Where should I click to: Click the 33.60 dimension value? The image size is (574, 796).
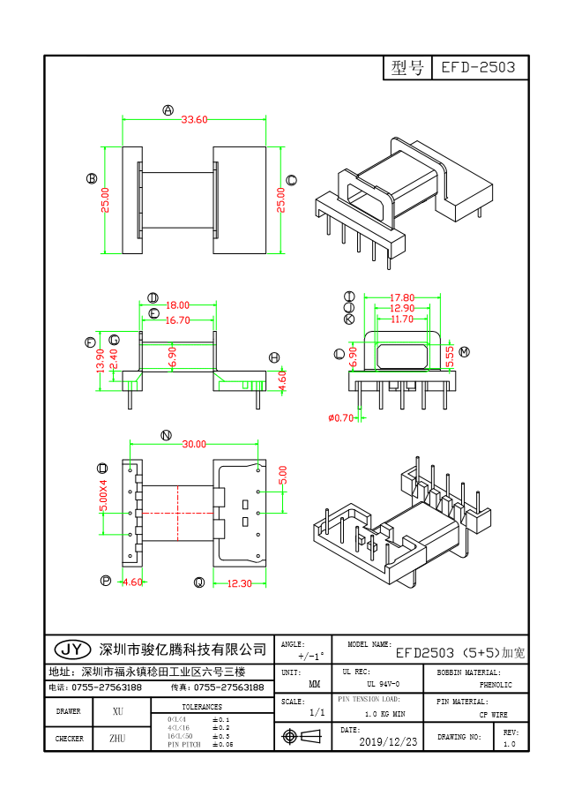[x=194, y=120]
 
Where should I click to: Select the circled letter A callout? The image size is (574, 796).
[x=168, y=110]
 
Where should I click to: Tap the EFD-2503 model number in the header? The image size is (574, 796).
[x=479, y=68]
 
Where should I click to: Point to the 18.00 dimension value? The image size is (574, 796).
[x=178, y=305]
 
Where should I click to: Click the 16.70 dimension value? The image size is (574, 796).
[x=178, y=320]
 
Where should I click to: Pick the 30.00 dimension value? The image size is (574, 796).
[x=194, y=444]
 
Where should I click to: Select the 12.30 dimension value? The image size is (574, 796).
[x=240, y=582]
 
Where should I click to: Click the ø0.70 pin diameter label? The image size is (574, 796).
[x=340, y=417]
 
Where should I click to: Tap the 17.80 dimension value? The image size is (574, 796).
[x=402, y=297]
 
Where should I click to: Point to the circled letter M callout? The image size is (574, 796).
[x=464, y=352]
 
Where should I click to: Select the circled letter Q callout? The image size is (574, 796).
[x=199, y=582]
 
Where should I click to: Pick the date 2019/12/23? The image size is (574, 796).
[x=389, y=742]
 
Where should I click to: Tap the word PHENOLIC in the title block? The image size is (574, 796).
[x=495, y=685]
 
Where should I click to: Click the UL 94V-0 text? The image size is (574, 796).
[x=383, y=685]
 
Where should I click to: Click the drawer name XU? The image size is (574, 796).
[x=118, y=711]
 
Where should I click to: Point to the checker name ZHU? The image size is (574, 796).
[x=117, y=739]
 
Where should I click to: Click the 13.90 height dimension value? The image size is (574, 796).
[x=101, y=359]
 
